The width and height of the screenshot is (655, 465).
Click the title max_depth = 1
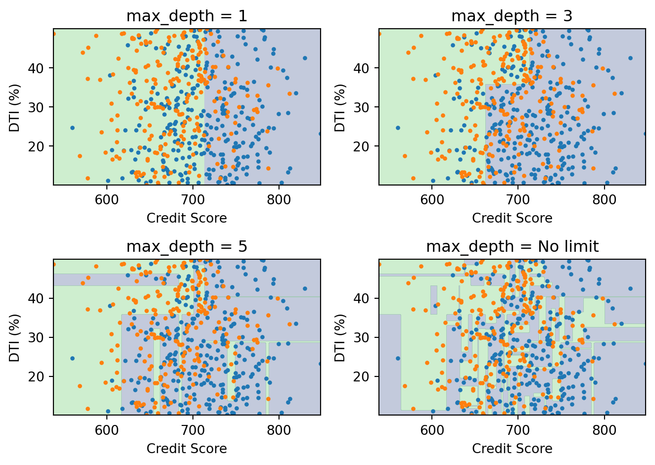coord(187,16)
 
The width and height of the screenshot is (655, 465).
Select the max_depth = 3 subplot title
coord(512,16)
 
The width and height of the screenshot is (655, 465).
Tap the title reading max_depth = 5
coord(187,247)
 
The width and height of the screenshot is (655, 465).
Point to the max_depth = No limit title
coord(512,247)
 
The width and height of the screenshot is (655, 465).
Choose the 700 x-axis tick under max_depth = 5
coord(193,430)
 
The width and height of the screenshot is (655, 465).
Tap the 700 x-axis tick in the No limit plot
coord(518,430)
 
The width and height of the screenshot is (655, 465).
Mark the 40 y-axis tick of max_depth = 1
coord(43,68)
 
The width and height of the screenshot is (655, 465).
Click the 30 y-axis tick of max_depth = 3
coord(369,107)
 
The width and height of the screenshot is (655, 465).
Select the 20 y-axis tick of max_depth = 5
coord(43,376)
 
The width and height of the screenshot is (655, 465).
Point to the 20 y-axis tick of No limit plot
coord(369,376)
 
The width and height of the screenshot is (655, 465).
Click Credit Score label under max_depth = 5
coord(187,449)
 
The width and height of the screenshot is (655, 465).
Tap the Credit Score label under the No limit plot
coord(512,449)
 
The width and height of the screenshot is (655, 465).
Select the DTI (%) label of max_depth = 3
coord(340,107)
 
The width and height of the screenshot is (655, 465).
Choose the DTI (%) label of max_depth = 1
coord(15,107)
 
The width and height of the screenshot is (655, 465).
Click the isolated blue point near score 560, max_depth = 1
coord(72,128)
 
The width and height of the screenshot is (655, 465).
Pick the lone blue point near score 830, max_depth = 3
coord(630,58)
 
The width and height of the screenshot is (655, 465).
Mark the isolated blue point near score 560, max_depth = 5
coord(72,358)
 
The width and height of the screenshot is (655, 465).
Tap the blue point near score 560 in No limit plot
coord(398,358)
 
